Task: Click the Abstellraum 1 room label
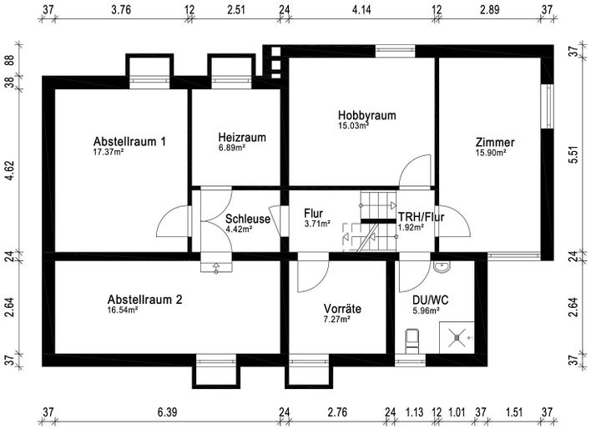pos(129,141)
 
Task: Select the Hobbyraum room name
pos(366,115)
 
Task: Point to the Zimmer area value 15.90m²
pos(489,153)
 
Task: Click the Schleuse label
pos(247,220)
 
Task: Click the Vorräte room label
pos(342,309)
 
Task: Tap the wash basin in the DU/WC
pos(442,267)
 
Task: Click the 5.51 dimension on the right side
pos(573,156)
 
